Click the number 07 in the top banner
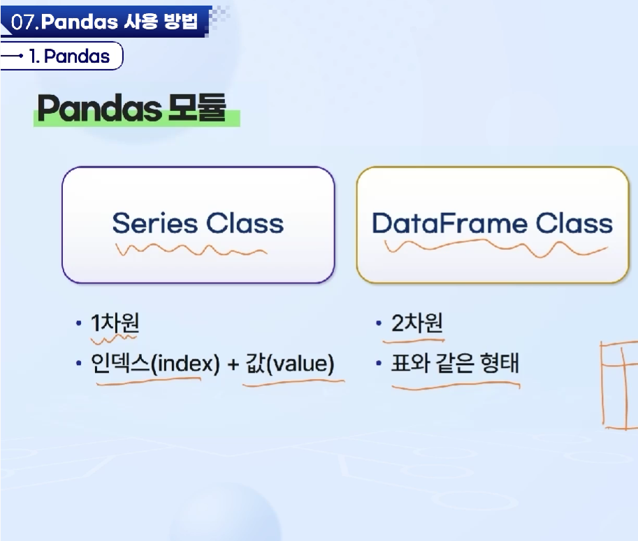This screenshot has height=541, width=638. [x=24, y=22]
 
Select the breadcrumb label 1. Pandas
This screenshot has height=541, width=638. [x=68, y=56]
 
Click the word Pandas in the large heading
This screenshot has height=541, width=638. [x=100, y=108]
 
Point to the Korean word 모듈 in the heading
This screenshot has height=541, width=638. [x=197, y=108]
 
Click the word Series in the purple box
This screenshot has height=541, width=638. [x=155, y=223]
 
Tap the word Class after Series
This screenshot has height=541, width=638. [x=245, y=223]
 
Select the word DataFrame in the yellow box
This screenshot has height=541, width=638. [x=449, y=223]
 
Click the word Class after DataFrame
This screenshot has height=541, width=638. [x=574, y=223]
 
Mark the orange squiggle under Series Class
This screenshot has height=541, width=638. [x=191, y=250]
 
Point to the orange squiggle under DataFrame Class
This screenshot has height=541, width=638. [x=496, y=248]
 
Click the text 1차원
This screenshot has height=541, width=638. [x=115, y=323]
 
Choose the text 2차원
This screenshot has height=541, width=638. [x=416, y=323]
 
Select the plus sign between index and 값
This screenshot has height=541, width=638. [x=233, y=364]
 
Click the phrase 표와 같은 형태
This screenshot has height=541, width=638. [x=455, y=363]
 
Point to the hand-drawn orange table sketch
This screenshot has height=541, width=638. [x=619, y=385]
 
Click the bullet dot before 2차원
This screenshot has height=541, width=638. [x=379, y=323]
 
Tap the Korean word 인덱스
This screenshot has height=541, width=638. [x=120, y=363]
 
